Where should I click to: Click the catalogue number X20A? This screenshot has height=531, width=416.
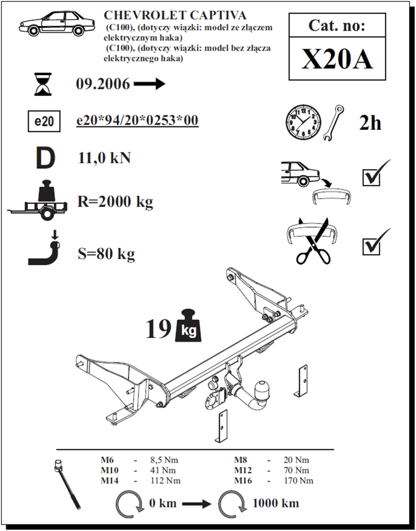point(337,59)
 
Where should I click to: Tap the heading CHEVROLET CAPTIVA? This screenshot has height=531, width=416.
point(175,15)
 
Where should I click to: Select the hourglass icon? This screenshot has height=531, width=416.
point(43,84)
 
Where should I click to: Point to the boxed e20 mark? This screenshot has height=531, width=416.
point(44,122)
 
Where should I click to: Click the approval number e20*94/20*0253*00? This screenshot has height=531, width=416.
point(137,120)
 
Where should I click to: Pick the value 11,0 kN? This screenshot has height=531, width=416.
point(104,158)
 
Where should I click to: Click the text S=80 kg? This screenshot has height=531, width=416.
point(106,254)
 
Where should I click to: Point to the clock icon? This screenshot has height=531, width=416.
point(303,122)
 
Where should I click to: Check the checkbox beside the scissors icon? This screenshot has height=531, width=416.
point(371,246)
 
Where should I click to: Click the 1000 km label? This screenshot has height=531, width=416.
point(275,503)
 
